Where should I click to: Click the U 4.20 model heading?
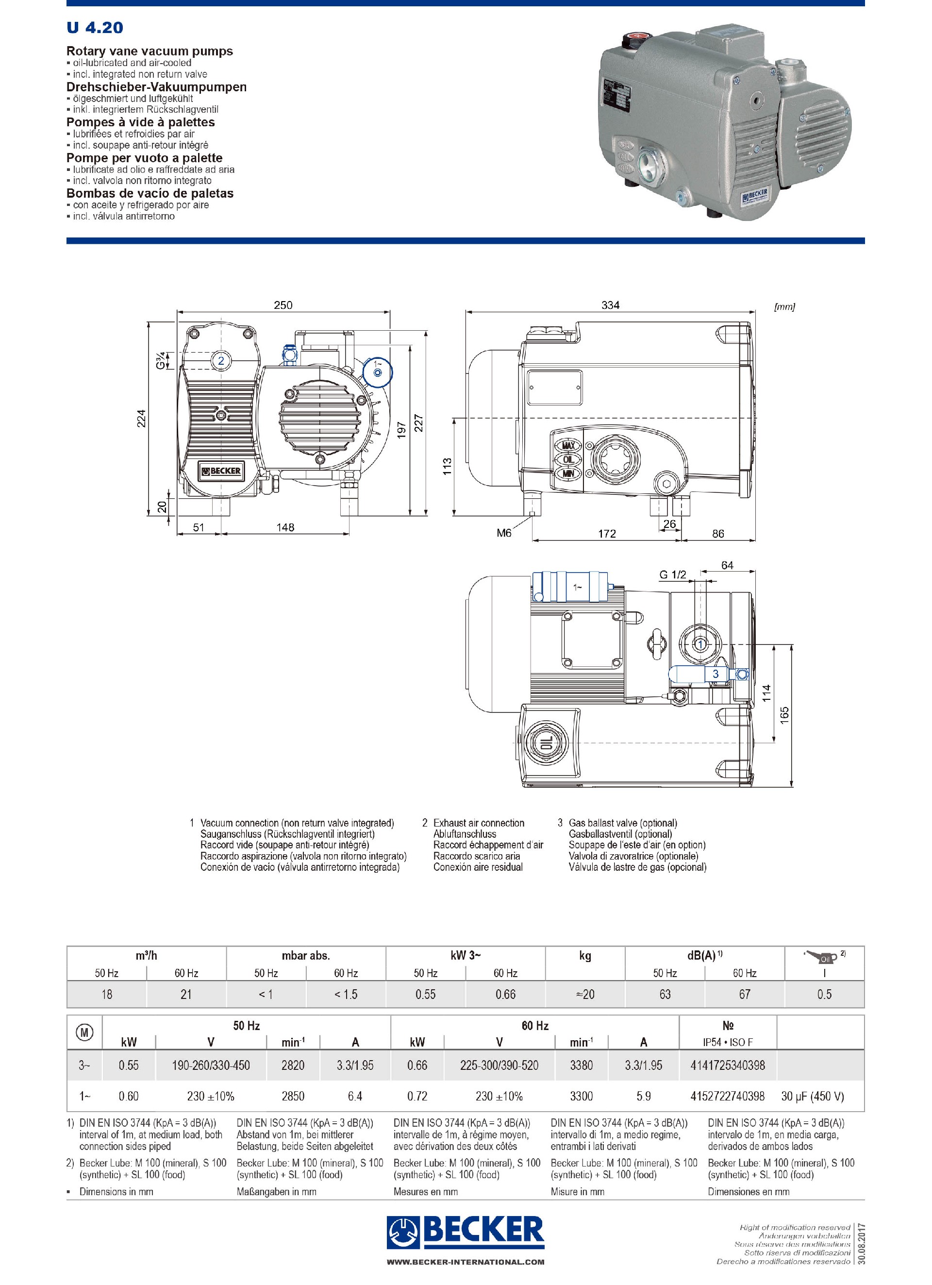pos(95,27)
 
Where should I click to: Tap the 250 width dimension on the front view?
pos(283,305)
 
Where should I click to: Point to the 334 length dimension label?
pos(610,305)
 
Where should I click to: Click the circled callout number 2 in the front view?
pos(221,360)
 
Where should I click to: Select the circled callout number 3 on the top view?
pos(715,674)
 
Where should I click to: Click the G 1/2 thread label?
pos(672,575)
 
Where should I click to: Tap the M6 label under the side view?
pos(503,533)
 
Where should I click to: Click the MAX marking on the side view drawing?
pos(568,446)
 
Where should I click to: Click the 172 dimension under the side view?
pos(606,533)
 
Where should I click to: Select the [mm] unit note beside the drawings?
pos(784,306)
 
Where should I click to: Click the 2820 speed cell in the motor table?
pos(293,1065)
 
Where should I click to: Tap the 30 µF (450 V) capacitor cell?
pos(812,1097)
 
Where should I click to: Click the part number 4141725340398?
pos(727,1065)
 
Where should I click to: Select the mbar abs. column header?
pos(306,955)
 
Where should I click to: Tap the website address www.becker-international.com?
pos(466,1262)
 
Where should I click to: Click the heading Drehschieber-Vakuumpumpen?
pos(156,86)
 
